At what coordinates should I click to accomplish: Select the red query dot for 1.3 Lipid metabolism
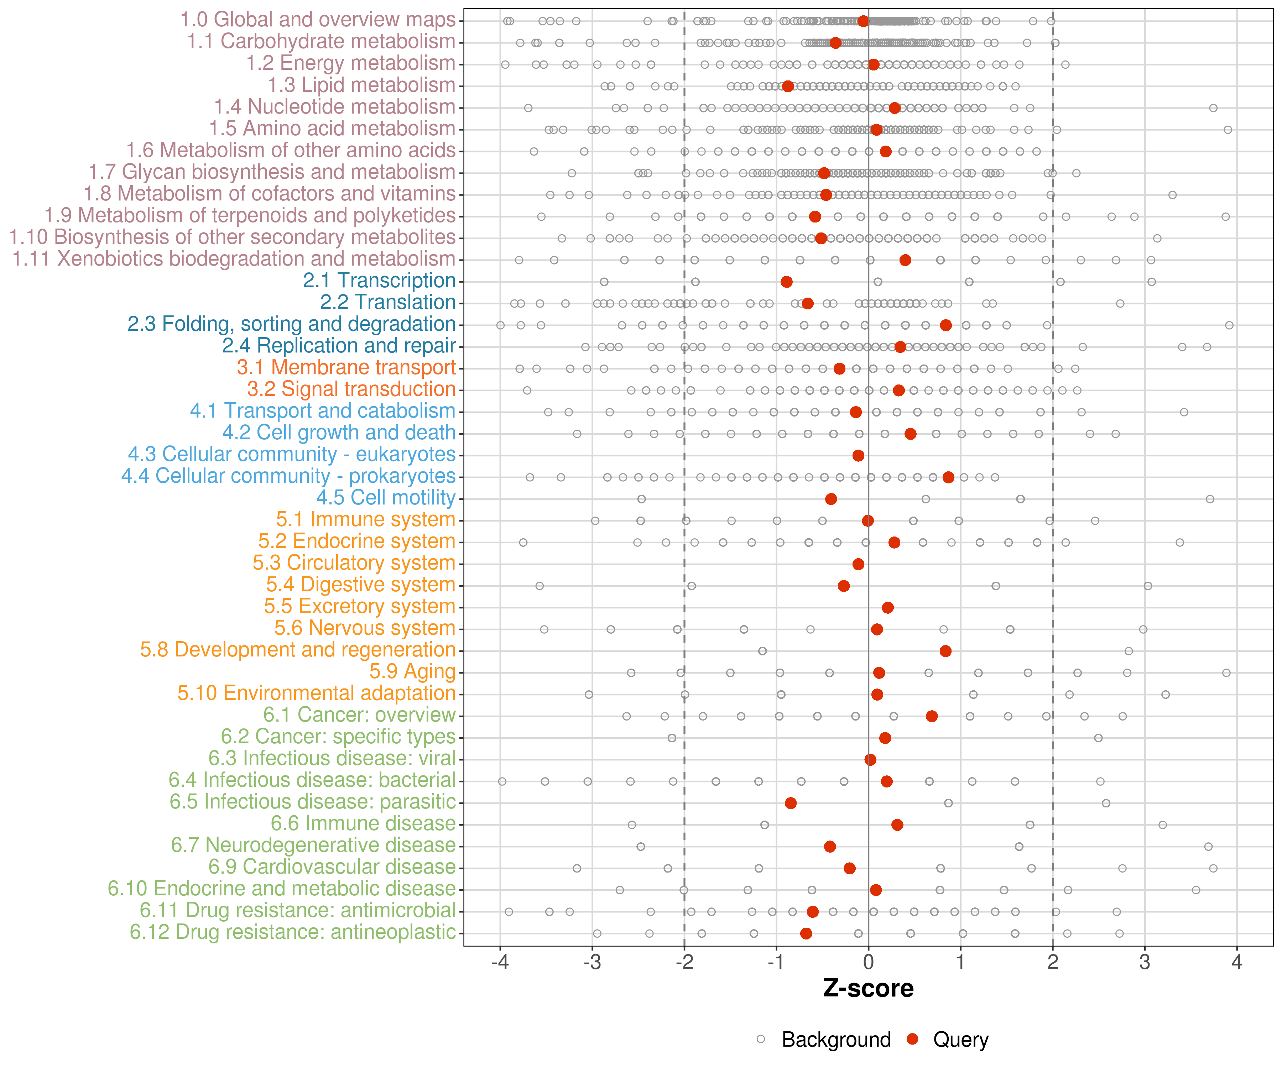787,86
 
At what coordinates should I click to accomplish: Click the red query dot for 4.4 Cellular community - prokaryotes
948,477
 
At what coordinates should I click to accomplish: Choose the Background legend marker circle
761,1039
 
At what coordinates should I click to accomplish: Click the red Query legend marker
913,1039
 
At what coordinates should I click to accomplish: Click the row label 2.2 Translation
388,302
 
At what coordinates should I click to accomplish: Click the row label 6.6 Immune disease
363,823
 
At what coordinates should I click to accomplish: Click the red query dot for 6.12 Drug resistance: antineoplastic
806,933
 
